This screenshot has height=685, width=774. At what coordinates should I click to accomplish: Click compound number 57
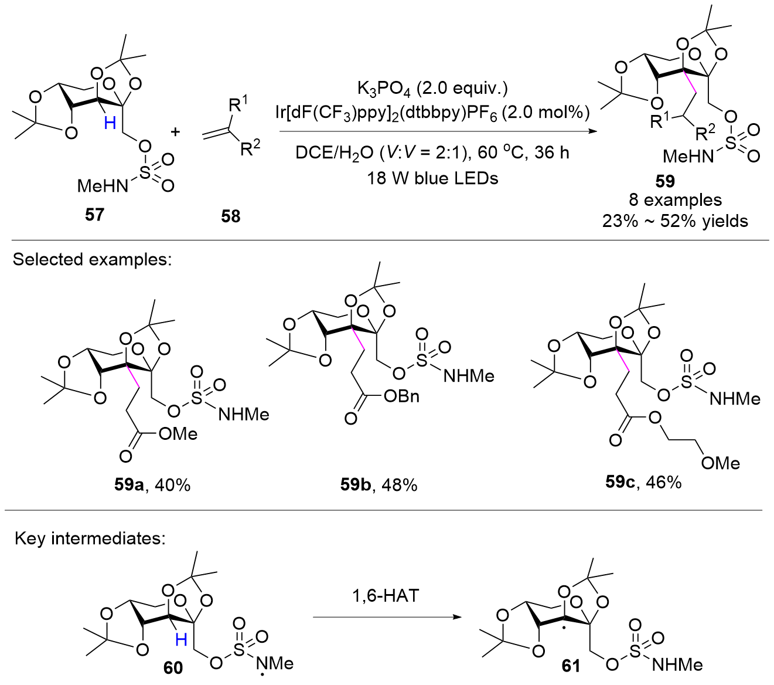click(94, 215)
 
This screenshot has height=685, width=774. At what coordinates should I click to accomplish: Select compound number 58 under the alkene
click(231, 216)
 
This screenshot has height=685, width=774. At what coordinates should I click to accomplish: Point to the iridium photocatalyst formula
click(432, 113)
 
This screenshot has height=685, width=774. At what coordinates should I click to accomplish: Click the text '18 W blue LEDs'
click(432, 178)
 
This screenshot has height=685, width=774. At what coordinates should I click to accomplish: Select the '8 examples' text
click(675, 200)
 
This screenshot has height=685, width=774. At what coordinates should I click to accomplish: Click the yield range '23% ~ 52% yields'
click(675, 221)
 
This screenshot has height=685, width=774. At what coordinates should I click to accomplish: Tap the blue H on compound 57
click(110, 122)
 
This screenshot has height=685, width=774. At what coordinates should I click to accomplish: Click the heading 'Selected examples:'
click(93, 259)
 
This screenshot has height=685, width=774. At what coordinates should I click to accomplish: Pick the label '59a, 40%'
click(152, 485)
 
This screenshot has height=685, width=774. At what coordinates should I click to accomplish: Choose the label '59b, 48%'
click(379, 484)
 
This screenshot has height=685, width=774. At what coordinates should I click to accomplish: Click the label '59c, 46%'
click(643, 482)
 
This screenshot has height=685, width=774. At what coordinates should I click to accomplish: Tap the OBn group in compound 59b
click(402, 396)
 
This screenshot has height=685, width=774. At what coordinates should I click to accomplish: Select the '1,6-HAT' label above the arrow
click(385, 596)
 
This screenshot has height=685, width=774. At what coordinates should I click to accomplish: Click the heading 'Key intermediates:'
click(90, 538)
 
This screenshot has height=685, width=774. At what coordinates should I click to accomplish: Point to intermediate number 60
click(173, 667)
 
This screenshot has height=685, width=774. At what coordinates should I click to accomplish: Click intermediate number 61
click(571, 666)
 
